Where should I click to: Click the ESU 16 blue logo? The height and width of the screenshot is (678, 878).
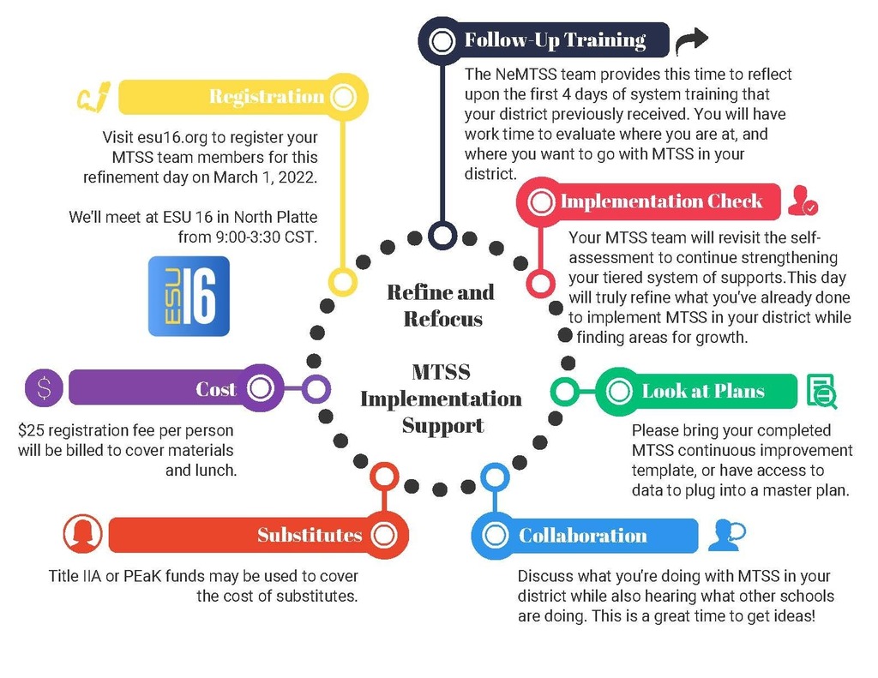(x=189, y=296)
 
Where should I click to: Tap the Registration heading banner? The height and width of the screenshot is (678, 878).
(x=266, y=97)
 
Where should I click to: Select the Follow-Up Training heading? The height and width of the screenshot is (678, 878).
(x=555, y=40)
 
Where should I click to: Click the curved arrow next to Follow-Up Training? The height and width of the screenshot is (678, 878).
(x=691, y=39)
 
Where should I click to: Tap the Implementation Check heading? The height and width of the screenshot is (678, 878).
(x=660, y=202)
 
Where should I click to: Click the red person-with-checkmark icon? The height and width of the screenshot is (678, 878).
(x=803, y=201)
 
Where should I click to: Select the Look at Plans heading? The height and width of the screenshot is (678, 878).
(x=702, y=392)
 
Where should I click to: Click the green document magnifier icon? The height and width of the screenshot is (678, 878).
(x=821, y=391)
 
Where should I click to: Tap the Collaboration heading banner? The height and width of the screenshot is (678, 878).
(x=583, y=536)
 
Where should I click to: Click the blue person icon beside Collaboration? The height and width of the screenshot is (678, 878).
(x=725, y=535)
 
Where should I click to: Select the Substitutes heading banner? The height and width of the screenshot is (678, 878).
(x=310, y=536)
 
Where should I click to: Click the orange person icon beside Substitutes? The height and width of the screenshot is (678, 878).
(x=83, y=534)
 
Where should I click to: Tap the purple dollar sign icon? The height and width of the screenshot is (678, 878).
(x=45, y=388)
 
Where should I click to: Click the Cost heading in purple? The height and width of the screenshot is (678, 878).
(x=215, y=389)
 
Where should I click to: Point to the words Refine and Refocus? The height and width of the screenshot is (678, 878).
(x=442, y=305)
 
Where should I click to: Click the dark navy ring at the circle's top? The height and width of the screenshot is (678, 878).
(x=442, y=234)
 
